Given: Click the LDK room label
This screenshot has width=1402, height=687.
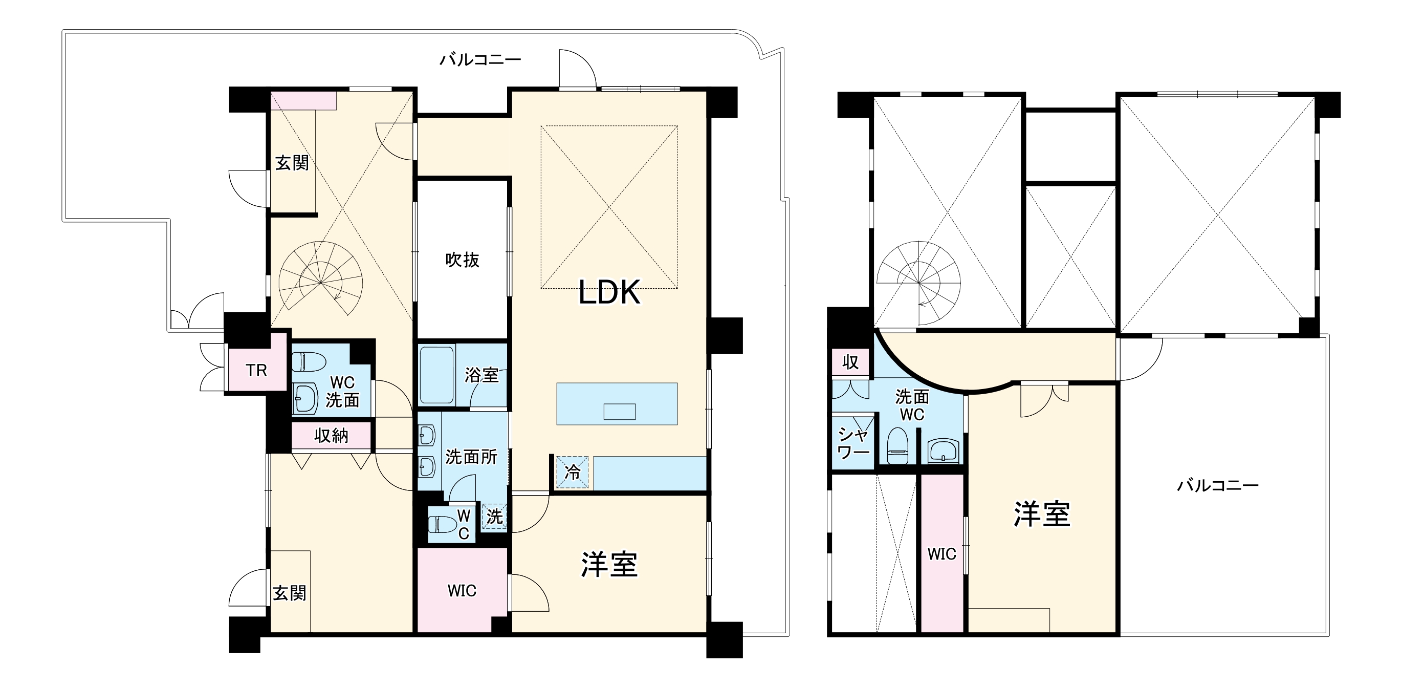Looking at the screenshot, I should click(608, 292).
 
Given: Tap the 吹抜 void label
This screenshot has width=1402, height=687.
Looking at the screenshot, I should click(462, 260).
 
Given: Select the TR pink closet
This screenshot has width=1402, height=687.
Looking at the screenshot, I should click(256, 370).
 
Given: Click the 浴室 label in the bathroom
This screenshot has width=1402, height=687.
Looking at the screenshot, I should click(481, 375).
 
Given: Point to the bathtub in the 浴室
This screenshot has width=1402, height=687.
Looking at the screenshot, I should click(436, 375).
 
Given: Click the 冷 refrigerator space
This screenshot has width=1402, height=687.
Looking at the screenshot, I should click(572, 472).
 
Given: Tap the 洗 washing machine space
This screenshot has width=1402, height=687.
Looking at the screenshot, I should click(494, 517).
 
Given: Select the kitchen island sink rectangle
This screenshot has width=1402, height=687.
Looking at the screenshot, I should click(619, 412).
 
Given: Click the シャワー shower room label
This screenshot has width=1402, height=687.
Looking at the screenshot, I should click(853, 443).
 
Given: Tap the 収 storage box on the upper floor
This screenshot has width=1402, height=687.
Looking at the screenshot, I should click(850, 362).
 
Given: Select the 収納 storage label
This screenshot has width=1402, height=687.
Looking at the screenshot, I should click(331, 436).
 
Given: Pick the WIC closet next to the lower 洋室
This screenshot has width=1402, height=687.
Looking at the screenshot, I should click(462, 590).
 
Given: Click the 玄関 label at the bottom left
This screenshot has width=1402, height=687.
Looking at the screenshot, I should click(289, 593).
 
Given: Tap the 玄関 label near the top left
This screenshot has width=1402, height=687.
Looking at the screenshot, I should click(292, 162).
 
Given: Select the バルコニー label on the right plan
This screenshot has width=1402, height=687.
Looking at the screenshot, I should click(1218, 485).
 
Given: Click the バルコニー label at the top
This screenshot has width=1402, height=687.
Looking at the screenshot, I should click(480, 59).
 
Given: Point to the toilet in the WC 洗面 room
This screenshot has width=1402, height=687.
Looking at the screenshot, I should click(309, 361).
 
